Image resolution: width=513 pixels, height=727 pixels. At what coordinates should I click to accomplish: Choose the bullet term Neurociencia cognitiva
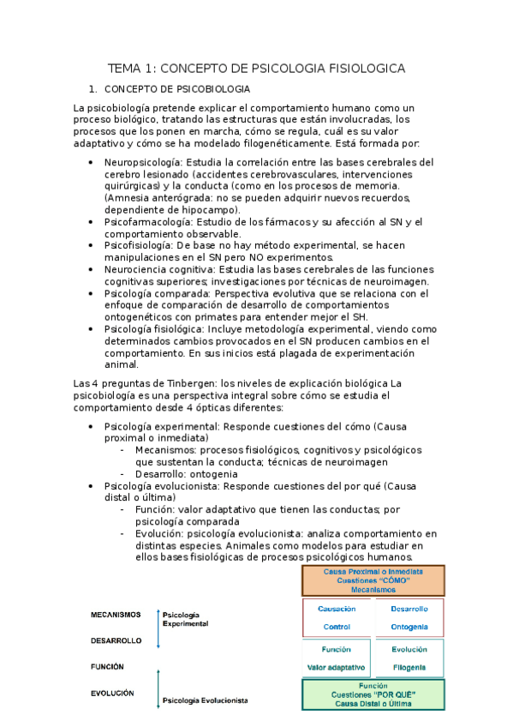pos(158,269)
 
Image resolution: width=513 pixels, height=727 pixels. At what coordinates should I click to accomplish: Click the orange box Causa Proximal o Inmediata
pos(373,580)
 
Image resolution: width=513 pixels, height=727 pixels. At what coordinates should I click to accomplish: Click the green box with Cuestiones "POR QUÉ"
pos(373,694)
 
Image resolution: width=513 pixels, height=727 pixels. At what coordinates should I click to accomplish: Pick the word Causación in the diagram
pos(337,609)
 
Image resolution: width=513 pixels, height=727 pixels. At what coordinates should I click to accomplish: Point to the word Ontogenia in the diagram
pos(409,627)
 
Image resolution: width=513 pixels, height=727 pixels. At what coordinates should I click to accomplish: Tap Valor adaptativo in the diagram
pos(337,667)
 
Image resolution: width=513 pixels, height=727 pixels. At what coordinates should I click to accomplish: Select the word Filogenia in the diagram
pos(409,667)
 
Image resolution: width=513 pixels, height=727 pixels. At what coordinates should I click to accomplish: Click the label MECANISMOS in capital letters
pos(115,615)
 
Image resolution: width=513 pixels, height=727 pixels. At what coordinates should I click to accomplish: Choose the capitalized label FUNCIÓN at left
pos(107,666)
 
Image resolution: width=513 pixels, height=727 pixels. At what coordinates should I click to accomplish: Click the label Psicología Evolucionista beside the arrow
pos(205,700)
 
